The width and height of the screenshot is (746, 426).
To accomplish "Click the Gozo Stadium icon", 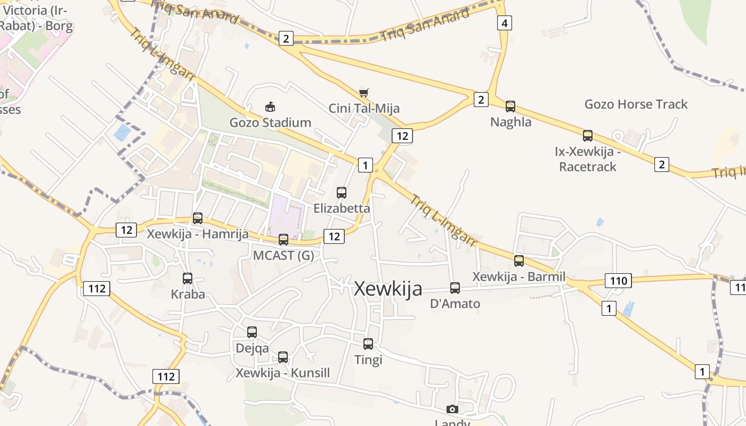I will pyautogui.click(x=270, y=107).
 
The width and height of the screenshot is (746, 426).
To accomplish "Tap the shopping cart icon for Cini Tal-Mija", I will pyautogui.click(x=364, y=93).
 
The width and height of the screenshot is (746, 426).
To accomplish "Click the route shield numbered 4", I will pyautogui.click(x=504, y=23).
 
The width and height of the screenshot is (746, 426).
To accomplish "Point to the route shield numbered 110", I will pyautogui.click(x=618, y=281).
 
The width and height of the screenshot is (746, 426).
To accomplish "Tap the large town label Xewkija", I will pyautogui.click(x=388, y=289).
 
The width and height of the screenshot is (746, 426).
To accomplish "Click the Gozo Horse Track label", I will pyautogui.click(x=636, y=104).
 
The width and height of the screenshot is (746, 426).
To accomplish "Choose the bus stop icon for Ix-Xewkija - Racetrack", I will pyautogui.click(x=588, y=136).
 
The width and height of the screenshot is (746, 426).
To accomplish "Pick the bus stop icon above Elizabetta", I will pyautogui.click(x=342, y=193).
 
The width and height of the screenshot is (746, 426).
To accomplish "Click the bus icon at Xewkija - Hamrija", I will pyautogui.click(x=198, y=218).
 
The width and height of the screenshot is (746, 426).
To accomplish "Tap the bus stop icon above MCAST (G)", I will pyautogui.click(x=283, y=240).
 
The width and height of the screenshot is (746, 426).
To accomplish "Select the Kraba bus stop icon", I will pyautogui.click(x=188, y=278).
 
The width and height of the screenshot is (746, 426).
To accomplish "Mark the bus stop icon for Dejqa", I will pyautogui.click(x=252, y=332).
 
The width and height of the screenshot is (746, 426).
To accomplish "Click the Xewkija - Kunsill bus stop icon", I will pyautogui.click(x=283, y=357).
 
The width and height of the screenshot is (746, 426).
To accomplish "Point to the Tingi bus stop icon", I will pyautogui.click(x=368, y=344).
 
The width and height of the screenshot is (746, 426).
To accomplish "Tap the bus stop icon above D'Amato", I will pyautogui.click(x=455, y=288).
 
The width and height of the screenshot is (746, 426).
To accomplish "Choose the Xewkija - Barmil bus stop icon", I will pyautogui.click(x=519, y=261).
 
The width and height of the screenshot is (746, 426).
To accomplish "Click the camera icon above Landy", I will pyautogui.click(x=452, y=409).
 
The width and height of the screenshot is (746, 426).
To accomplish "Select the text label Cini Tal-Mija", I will pyautogui.click(x=364, y=109).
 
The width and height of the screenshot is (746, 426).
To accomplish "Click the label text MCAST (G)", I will pyautogui.click(x=283, y=256).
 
